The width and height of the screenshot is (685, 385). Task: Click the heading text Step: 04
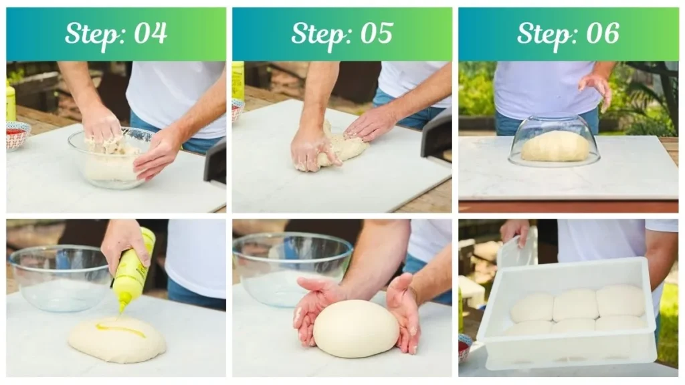pyautogui.click(x=116, y=33)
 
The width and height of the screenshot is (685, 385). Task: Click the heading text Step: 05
pyautogui.click(x=342, y=33)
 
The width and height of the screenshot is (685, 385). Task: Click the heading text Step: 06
pyautogui.click(x=568, y=33)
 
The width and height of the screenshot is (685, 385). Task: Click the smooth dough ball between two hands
pyautogui.click(x=355, y=328)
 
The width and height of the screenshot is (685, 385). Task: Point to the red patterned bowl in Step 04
pyautogui.click(x=18, y=135)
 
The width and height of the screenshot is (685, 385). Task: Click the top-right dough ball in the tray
pyautogui.click(x=619, y=301)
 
